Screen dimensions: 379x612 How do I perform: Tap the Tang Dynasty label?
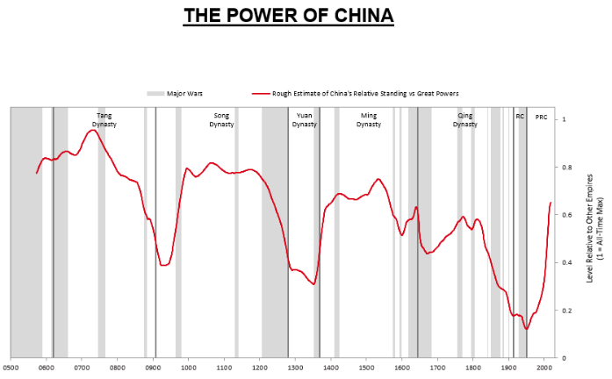coord(104,119)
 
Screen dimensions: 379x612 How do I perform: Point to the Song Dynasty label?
coord(222,119)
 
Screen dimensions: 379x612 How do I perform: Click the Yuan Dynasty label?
coord(304,119)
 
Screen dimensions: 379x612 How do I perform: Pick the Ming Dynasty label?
coord(369,119)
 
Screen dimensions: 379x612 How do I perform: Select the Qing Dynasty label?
coord(465,119)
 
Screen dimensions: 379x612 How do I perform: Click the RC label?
coord(520,115)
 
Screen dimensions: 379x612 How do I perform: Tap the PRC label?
coord(541,115)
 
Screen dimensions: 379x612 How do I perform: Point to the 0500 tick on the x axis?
coord(11,368)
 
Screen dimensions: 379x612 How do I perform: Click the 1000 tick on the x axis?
coord(188,368)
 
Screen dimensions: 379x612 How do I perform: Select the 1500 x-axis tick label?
coord(366,368)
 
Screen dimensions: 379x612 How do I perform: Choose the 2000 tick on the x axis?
coord(544,368)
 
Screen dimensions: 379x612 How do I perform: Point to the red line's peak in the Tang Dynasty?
coord(93,131)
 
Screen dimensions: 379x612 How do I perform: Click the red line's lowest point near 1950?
coord(527,329)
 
